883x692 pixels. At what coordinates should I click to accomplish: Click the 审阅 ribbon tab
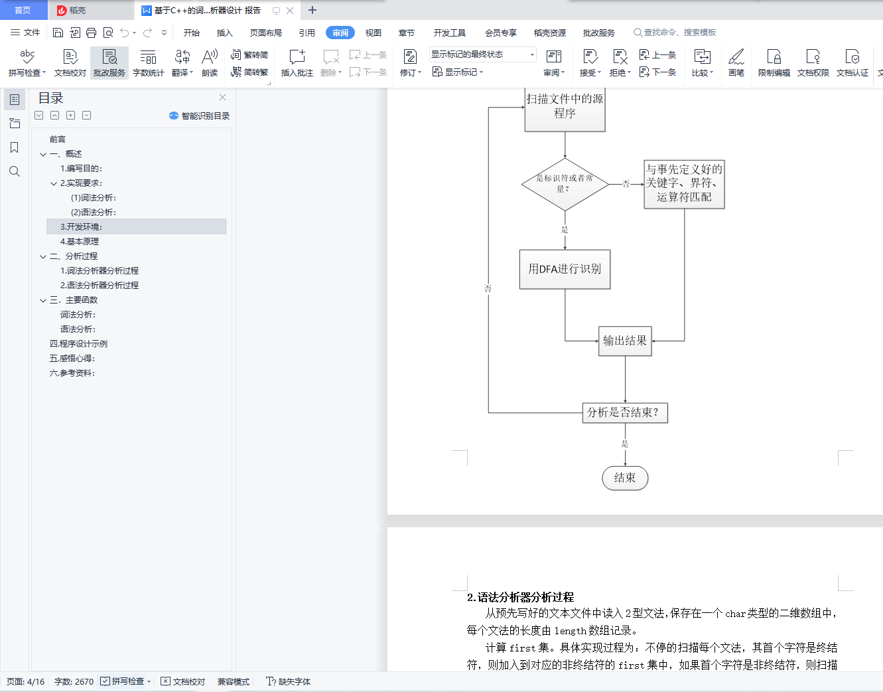(340, 33)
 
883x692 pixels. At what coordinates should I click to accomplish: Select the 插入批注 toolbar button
(297, 62)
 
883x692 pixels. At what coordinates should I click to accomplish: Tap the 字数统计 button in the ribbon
(148, 62)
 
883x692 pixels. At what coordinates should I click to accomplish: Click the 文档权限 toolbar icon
(813, 62)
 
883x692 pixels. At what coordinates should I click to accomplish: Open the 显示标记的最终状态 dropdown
(482, 54)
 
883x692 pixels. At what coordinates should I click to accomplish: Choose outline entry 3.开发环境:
(82, 226)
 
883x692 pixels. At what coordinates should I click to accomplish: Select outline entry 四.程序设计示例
(78, 343)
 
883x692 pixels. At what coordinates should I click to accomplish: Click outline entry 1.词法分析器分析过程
(100, 270)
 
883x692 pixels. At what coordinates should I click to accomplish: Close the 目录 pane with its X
(222, 98)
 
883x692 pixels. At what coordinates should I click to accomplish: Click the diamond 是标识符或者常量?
(565, 184)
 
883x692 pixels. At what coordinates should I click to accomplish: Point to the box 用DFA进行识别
(565, 269)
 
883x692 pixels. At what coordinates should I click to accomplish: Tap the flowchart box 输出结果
(625, 341)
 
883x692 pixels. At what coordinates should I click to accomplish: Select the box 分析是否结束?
(625, 412)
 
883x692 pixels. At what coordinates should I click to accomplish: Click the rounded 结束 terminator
(625, 477)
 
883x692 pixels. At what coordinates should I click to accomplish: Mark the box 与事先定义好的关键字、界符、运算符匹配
(684, 184)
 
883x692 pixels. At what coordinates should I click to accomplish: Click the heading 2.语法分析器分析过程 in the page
(520, 597)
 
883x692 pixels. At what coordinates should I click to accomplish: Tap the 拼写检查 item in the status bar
(127, 681)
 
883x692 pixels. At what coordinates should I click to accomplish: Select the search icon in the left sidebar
(15, 171)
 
